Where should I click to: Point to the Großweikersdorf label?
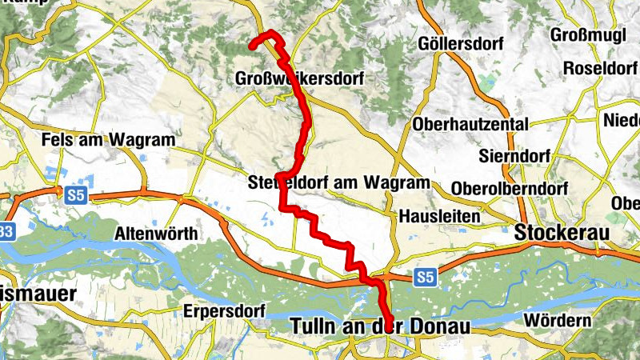299,79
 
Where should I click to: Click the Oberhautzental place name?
470,124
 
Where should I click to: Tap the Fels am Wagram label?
108,140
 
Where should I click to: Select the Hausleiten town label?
439,216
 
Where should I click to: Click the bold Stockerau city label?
562,233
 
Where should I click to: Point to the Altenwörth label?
157,234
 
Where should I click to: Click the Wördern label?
557,321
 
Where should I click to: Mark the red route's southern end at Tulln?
389,326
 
